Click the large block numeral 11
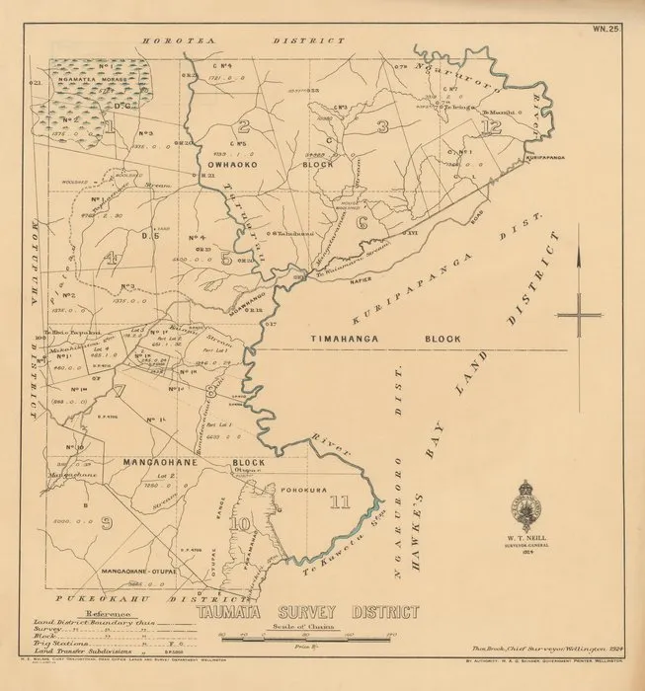click(340, 501)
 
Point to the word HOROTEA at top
click(172, 40)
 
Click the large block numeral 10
click(241, 522)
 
